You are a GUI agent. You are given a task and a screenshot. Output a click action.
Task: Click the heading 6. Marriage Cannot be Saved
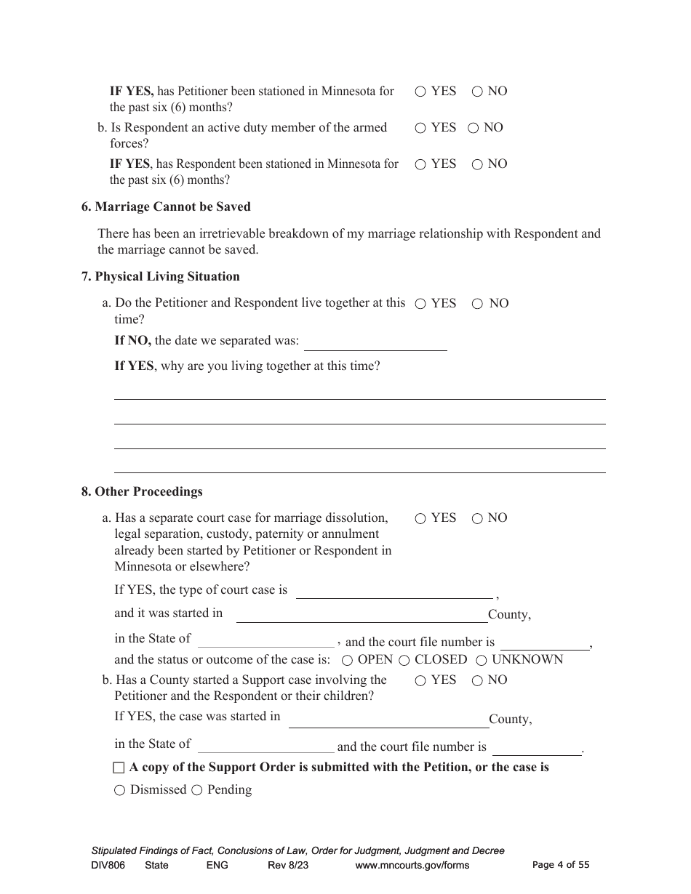coord(166,207)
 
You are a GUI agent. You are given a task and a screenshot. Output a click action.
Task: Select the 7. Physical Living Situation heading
coord(160,277)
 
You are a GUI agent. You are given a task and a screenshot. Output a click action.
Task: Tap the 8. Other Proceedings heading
coord(142,492)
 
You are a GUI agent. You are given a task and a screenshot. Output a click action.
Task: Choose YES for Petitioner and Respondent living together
coord(420,304)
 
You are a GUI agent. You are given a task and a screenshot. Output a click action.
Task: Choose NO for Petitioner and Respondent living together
coord(477,304)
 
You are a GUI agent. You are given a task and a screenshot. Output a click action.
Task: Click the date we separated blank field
coord(375,342)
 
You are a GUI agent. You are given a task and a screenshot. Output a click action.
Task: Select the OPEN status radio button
coord(348,661)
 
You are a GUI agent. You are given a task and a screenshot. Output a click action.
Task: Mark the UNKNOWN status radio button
coord(482,661)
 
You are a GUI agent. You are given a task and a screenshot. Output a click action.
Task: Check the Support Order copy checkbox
coord(119,768)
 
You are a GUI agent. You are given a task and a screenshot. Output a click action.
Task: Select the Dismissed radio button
coord(119,791)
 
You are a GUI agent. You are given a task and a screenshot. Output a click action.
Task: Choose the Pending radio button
coord(196,791)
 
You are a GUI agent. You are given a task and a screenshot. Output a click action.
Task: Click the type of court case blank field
coord(394,590)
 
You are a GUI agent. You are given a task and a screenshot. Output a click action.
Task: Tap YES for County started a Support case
coord(420,681)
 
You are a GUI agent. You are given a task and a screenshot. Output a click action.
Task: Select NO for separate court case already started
coord(477,519)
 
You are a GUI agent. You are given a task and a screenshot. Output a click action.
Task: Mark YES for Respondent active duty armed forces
coord(420,129)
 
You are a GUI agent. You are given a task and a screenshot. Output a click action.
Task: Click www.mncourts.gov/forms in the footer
coord(412,866)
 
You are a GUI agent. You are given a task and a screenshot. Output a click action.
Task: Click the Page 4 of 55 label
coord(561,865)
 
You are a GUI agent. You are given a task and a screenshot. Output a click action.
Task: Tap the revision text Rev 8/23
coord(288,866)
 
